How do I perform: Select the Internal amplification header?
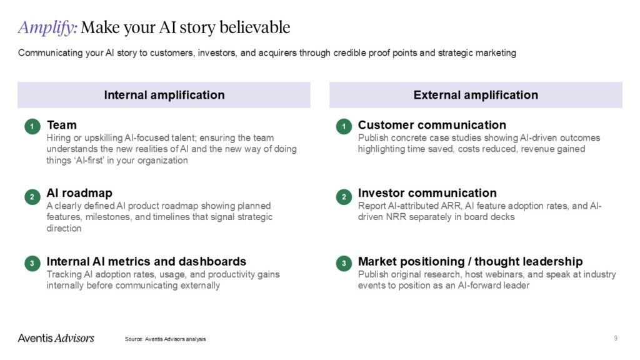point(164,95)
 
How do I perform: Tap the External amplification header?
point(476,95)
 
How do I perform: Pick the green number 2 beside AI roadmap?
point(32,197)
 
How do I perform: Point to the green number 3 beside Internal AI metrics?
point(32,264)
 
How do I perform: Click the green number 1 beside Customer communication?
point(343,127)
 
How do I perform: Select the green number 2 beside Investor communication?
point(343,197)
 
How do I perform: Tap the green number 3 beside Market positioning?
point(343,264)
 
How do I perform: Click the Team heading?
point(61,125)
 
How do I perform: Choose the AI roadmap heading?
point(79,193)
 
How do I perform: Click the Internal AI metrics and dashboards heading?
point(146,261)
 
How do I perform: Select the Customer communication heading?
point(432,125)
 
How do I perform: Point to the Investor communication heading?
point(427,193)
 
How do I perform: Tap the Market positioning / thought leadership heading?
point(470,261)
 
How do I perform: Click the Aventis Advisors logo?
point(56,338)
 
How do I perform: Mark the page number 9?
point(616,338)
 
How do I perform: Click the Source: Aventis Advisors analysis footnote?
point(165,339)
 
